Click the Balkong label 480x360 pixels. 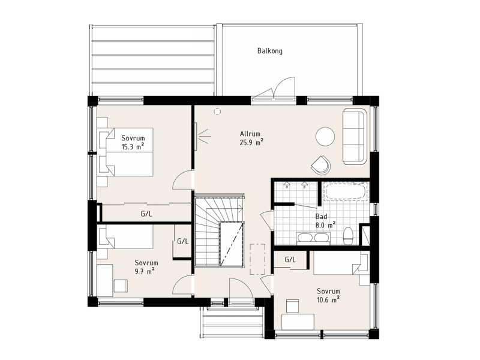(269, 51)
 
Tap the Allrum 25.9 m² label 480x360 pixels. (251, 138)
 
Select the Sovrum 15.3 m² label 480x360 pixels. (133, 142)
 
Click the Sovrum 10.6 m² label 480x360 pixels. (328, 295)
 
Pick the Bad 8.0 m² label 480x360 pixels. (325, 221)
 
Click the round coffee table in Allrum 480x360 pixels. (325, 137)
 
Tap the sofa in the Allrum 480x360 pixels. (355, 136)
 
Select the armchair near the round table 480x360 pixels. (321, 166)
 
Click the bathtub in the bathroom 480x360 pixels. (346, 191)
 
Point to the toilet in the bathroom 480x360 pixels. (349, 236)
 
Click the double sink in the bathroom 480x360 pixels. (313, 238)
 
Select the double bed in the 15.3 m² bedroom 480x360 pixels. (126, 152)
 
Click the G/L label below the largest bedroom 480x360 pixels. (146, 214)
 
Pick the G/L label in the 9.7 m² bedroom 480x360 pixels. (183, 241)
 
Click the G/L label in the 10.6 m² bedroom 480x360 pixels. (290, 260)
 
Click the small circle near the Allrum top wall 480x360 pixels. (217, 112)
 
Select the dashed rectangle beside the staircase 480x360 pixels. (257, 259)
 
